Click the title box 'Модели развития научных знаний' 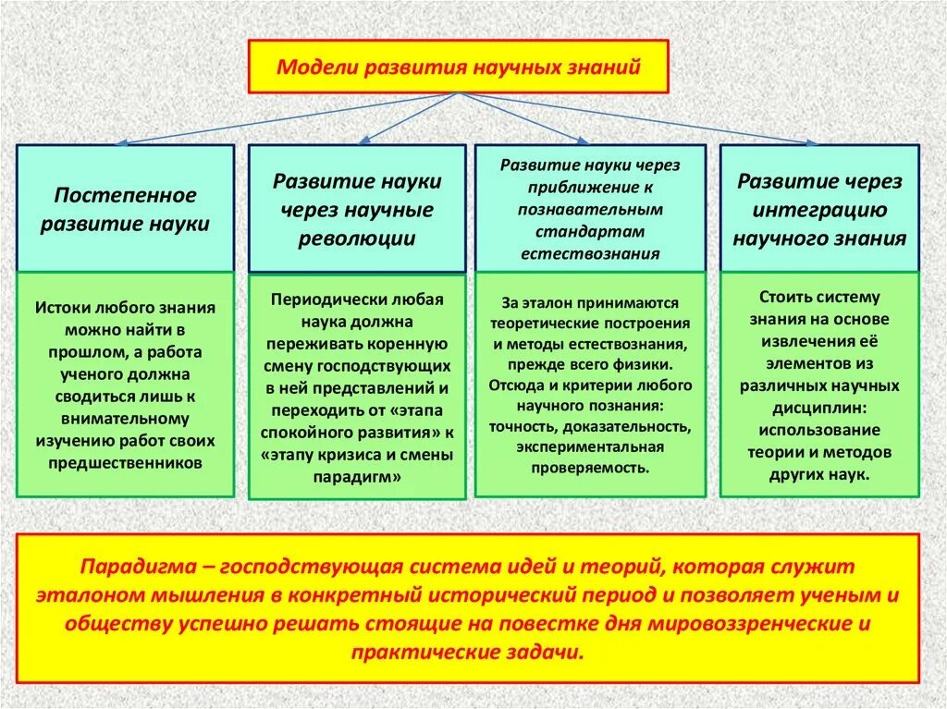click(x=458, y=66)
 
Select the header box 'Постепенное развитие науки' click(x=125, y=210)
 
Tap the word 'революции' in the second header click(x=356, y=239)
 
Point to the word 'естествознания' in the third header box click(x=590, y=253)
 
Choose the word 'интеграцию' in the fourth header click(x=819, y=210)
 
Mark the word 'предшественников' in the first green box click(x=124, y=464)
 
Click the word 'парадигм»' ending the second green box click(x=357, y=478)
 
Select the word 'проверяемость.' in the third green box click(x=590, y=468)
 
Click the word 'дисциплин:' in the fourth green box click(x=818, y=408)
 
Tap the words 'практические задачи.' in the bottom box click(x=467, y=652)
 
